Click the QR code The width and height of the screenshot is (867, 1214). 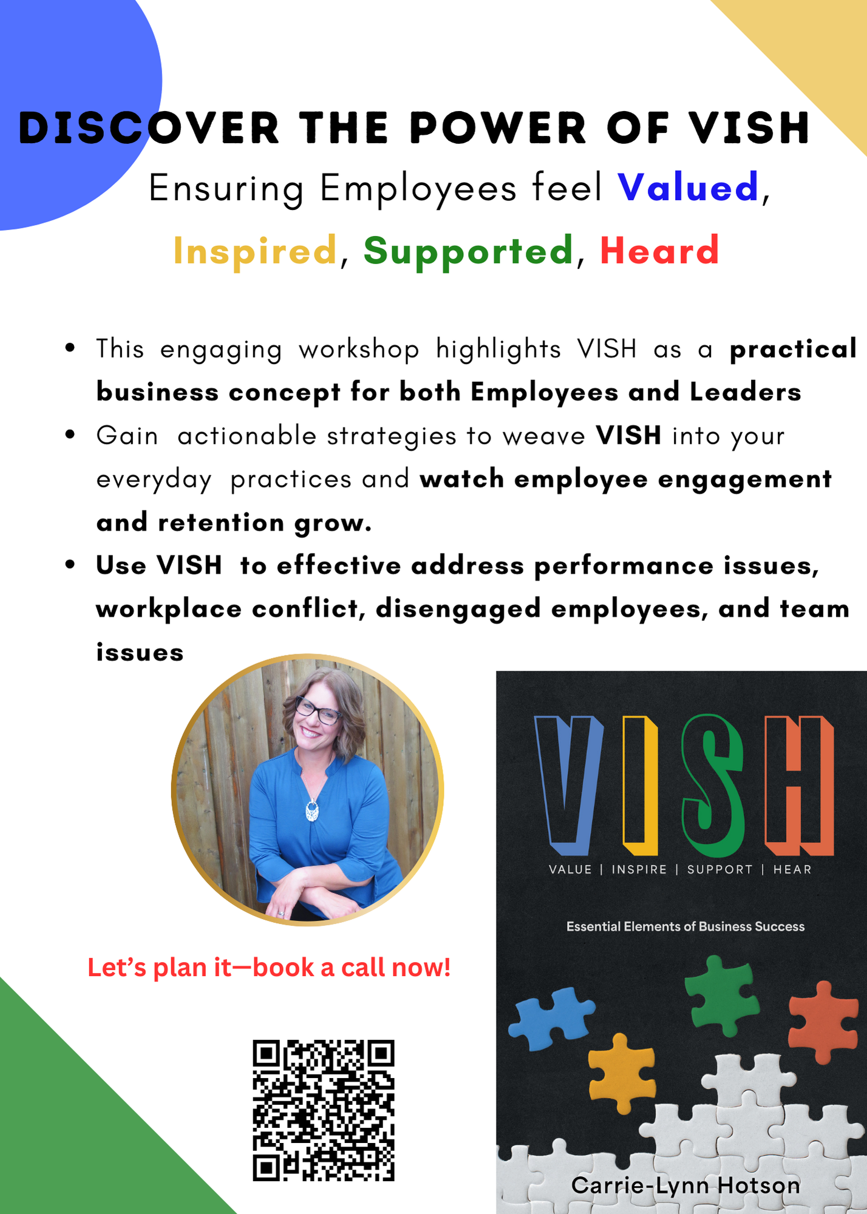324,1110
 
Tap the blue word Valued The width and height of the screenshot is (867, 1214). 688,187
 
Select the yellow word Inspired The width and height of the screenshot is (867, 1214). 255,251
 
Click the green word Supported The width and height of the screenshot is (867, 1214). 468,251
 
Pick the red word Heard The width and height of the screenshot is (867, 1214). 659,250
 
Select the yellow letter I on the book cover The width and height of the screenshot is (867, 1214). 640,785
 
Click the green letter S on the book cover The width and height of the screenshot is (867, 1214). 712,785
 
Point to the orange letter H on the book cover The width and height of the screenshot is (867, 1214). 799,785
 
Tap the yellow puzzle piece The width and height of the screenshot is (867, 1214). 622,1073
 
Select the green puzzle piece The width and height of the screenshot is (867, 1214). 722,995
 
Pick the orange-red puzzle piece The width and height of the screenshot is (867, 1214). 823,1022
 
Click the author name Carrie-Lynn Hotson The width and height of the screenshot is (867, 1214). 685,1185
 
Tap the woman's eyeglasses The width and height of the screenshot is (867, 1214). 318,710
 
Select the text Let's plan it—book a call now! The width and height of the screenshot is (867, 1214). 269,968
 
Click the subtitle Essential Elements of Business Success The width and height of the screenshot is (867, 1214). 685,926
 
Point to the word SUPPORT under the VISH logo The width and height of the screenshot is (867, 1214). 719,869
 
